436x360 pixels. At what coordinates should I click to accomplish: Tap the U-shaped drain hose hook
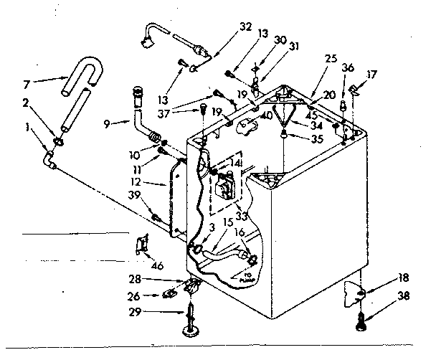point(77,77)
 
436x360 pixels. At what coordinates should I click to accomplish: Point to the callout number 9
point(107,123)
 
